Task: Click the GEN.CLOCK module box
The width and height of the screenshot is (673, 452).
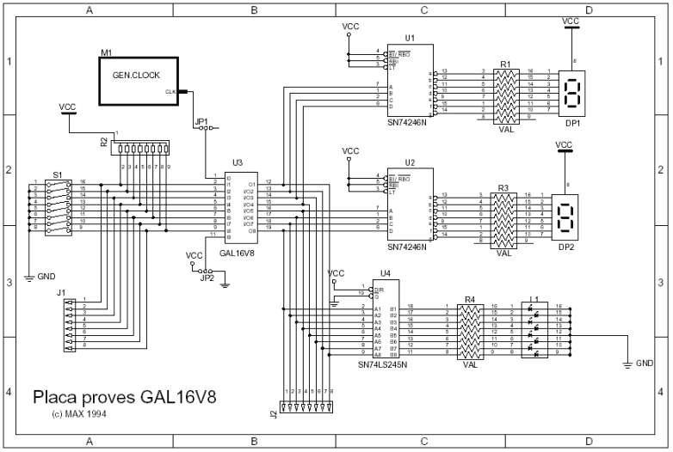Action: click(x=138, y=81)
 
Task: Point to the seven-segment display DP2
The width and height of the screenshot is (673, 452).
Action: click(x=566, y=220)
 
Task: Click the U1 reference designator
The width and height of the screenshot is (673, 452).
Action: click(x=410, y=39)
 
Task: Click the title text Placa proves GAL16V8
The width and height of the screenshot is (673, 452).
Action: click(x=124, y=398)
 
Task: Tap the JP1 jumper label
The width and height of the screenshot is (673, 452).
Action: click(x=201, y=122)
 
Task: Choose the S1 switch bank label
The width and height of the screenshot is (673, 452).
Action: click(x=57, y=174)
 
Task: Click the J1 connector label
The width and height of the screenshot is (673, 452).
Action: click(x=61, y=293)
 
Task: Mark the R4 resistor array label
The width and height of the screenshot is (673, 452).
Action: click(x=469, y=300)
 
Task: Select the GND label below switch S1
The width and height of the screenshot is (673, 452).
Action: click(x=46, y=278)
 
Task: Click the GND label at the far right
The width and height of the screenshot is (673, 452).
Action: click(x=645, y=363)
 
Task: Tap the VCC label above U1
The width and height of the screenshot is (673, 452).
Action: click(x=350, y=27)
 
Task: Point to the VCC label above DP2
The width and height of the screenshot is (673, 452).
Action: click(x=564, y=144)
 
